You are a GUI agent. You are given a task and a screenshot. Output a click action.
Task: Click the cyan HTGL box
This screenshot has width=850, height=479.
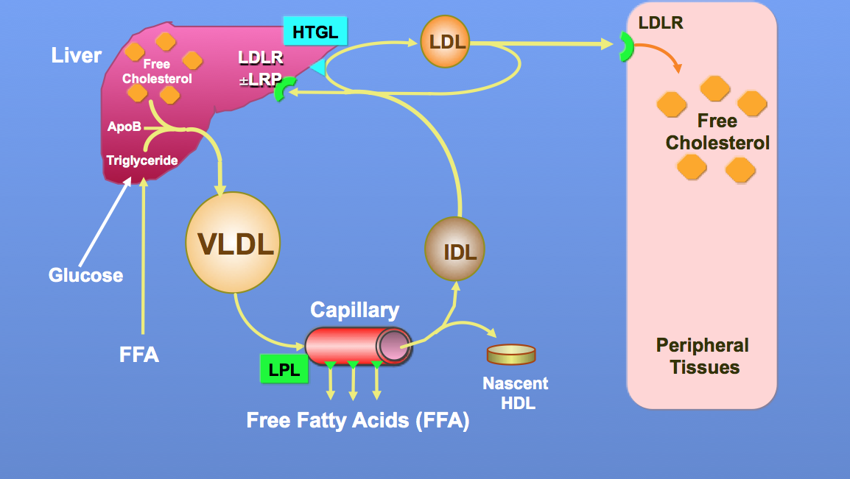pos(315,32)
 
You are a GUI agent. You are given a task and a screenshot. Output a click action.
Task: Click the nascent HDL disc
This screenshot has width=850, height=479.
pos(511,354)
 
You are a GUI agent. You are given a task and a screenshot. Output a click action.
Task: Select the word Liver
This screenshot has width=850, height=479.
pos(76,56)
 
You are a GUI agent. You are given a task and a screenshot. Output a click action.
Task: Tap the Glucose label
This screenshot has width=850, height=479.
pos(85,275)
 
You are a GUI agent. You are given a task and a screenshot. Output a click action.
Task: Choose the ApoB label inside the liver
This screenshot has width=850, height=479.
pos(124,127)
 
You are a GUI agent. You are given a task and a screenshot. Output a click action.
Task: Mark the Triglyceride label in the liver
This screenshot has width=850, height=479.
pos(142,160)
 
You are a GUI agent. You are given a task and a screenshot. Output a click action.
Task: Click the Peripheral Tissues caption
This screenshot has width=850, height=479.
pos(703,356)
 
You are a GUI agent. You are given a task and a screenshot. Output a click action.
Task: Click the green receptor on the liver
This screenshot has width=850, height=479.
pos(281,91)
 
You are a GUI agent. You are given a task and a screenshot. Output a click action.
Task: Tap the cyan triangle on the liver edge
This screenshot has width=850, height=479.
pos(317,68)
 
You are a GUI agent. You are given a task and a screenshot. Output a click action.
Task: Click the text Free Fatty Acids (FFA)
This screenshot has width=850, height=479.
pos(358,421)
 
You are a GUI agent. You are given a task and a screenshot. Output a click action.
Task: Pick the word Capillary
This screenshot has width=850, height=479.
pos(355,310)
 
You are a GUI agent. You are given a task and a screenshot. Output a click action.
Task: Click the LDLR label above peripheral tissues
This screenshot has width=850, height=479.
pos(661,23)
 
